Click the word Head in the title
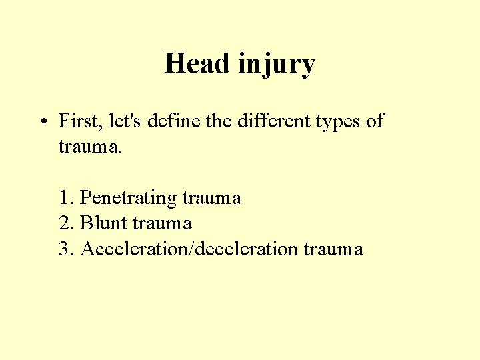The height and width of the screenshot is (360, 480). tap(197, 64)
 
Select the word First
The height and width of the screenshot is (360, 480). tap(78, 121)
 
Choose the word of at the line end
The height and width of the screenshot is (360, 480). tap(375, 121)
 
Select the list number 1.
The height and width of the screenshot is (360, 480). tap(65, 198)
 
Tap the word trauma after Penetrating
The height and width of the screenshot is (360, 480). tap(211, 198)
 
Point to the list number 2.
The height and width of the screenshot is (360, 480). tap(65, 223)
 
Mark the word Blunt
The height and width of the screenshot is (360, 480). tap(103, 223)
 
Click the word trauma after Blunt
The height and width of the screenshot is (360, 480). tap(162, 223)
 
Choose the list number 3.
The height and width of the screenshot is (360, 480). tap(65, 249)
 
